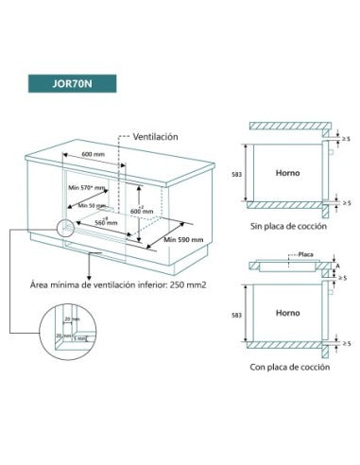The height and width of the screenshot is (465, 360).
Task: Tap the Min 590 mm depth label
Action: pos(182,241)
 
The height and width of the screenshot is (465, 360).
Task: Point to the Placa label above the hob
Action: pos(305,254)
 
